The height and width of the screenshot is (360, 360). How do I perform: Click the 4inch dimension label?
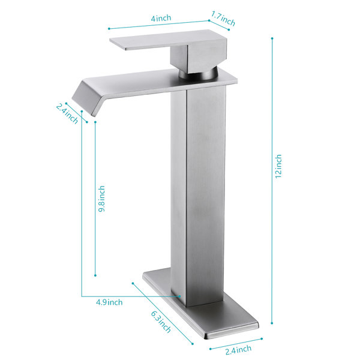pyautogui.click(x=161, y=18)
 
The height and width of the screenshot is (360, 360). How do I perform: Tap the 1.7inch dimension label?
pyautogui.click(x=223, y=19)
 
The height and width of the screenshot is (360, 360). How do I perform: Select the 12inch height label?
pyautogui.click(x=278, y=166)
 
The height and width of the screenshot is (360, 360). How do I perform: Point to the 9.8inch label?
pyautogui.click(x=101, y=199)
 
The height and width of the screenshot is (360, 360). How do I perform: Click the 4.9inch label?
pyautogui.click(x=109, y=302)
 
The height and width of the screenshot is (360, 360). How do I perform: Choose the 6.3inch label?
pyautogui.click(x=161, y=322)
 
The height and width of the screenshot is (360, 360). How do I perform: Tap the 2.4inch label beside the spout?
pyautogui.click(x=67, y=114)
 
